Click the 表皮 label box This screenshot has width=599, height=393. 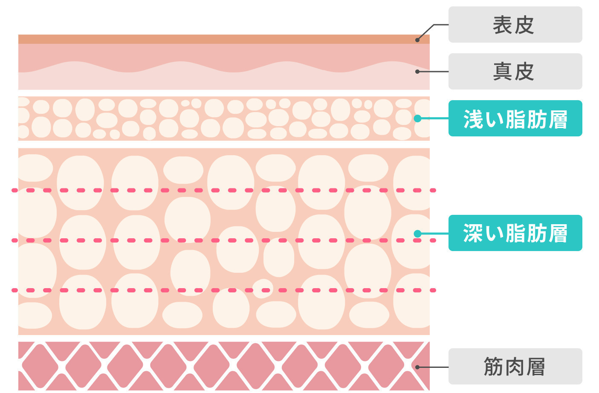tap(515, 25)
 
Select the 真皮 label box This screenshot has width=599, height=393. tap(515, 72)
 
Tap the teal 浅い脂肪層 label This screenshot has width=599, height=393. tap(515, 118)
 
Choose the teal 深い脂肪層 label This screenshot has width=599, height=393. tap(515, 233)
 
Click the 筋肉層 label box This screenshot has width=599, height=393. tap(515, 367)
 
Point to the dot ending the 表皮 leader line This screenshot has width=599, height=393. tap(417, 40)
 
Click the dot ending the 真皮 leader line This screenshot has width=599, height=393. tap(417, 72)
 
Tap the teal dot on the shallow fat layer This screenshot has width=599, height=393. tap(417, 118)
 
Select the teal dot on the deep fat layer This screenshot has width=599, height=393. tap(417, 234)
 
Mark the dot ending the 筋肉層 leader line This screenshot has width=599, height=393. tap(417, 367)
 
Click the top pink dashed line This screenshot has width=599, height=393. tap(213, 190)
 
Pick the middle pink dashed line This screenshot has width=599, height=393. tap(213, 240)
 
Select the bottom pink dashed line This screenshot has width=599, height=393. tap(213, 290)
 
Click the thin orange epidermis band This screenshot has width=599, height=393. tap(213, 39)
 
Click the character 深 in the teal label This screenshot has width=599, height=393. tap(473, 233)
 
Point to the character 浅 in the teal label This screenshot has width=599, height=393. tap(473, 119)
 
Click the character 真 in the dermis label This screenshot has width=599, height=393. tap(502, 72)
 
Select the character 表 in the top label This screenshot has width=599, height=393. tap(502, 25)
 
